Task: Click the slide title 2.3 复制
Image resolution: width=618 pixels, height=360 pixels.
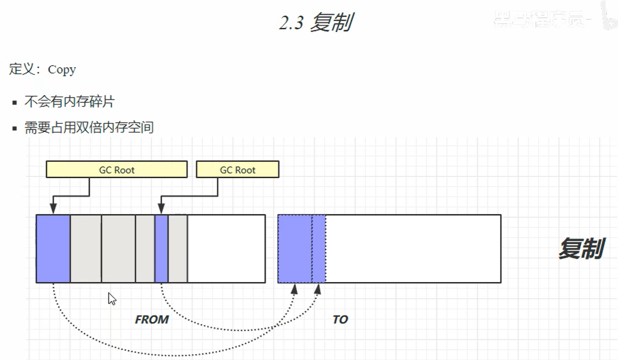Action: pyautogui.click(x=315, y=23)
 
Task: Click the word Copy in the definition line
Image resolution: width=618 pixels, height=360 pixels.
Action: pyautogui.click(x=62, y=70)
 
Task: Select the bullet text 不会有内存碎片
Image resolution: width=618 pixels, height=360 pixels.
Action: pyautogui.click(x=69, y=102)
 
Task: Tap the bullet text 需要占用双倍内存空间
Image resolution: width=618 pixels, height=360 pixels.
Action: pyautogui.click(x=89, y=127)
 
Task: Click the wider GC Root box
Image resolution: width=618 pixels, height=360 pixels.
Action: pyautogui.click(x=116, y=170)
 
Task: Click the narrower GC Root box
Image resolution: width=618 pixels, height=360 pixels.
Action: pyautogui.click(x=237, y=170)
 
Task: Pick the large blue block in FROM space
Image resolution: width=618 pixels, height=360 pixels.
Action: pyautogui.click(x=53, y=249)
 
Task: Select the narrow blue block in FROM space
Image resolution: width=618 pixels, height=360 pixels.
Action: pyautogui.click(x=161, y=249)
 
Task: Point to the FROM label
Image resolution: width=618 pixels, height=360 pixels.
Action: pyautogui.click(x=152, y=320)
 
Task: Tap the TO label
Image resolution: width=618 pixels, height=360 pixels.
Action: pyautogui.click(x=340, y=320)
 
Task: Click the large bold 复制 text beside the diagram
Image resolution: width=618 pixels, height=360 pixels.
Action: pyautogui.click(x=581, y=249)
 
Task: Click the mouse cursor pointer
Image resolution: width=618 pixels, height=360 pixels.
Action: pyautogui.click(x=111, y=298)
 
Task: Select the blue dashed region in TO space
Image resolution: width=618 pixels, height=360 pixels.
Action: pyautogui.click(x=301, y=249)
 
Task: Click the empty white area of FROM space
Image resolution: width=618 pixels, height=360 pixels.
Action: pyautogui.click(x=226, y=249)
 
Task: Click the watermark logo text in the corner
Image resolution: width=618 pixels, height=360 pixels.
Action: pyautogui.click(x=542, y=18)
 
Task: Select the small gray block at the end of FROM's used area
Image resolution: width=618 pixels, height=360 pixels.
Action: pyautogui.click(x=178, y=249)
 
